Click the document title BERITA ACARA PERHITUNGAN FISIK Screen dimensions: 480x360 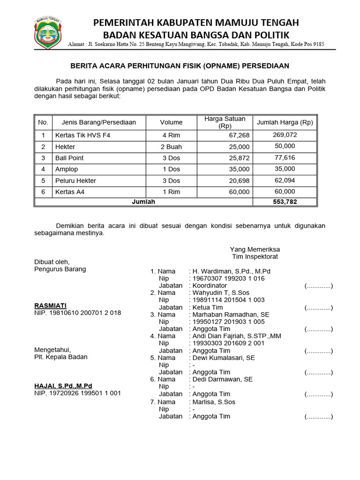point(180,66)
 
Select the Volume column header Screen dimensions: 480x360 point(171,122)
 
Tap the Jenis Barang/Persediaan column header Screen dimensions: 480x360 point(98,122)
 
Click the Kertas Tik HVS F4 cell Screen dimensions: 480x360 point(83,135)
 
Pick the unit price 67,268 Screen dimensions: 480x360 point(239,135)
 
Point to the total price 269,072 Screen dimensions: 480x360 point(285,135)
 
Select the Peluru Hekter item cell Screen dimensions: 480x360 point(75,180)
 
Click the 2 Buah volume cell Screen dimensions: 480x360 point(171,147)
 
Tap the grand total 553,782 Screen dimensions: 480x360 point(285,202)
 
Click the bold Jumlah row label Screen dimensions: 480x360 point(143,202)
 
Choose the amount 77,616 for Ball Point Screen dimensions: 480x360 point(285,157)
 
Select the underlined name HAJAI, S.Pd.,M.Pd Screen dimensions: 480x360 point(63,386)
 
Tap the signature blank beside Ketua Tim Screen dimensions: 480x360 point(318,308)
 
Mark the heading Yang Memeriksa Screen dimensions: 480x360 point(255,249)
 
